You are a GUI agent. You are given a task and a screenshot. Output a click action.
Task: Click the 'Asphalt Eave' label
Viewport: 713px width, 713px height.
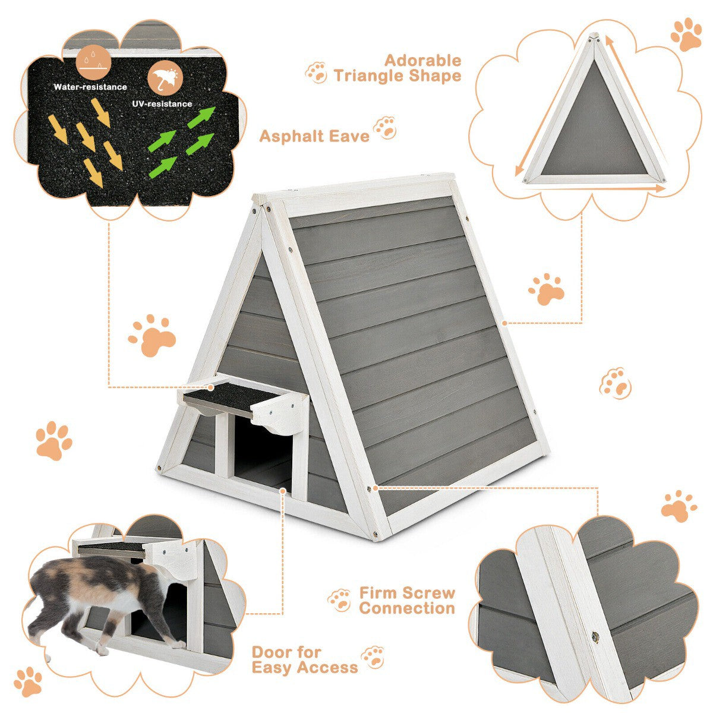[x=314, y=137]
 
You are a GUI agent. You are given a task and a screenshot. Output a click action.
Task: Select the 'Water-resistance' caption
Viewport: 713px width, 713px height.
[x=90, y=87]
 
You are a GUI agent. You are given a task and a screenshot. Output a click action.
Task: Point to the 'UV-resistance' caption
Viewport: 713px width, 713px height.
[x=162, y=104]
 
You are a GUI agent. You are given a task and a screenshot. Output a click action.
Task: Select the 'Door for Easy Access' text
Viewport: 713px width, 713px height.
[x=305, y=660]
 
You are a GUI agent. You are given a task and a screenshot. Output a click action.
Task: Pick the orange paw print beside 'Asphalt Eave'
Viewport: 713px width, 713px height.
[x=385, y=128]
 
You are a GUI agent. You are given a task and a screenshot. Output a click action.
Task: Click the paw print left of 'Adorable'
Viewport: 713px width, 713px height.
[x=317, y=72]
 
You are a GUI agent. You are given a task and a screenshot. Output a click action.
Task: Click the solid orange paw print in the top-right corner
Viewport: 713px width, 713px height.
[x=687, y=34]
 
